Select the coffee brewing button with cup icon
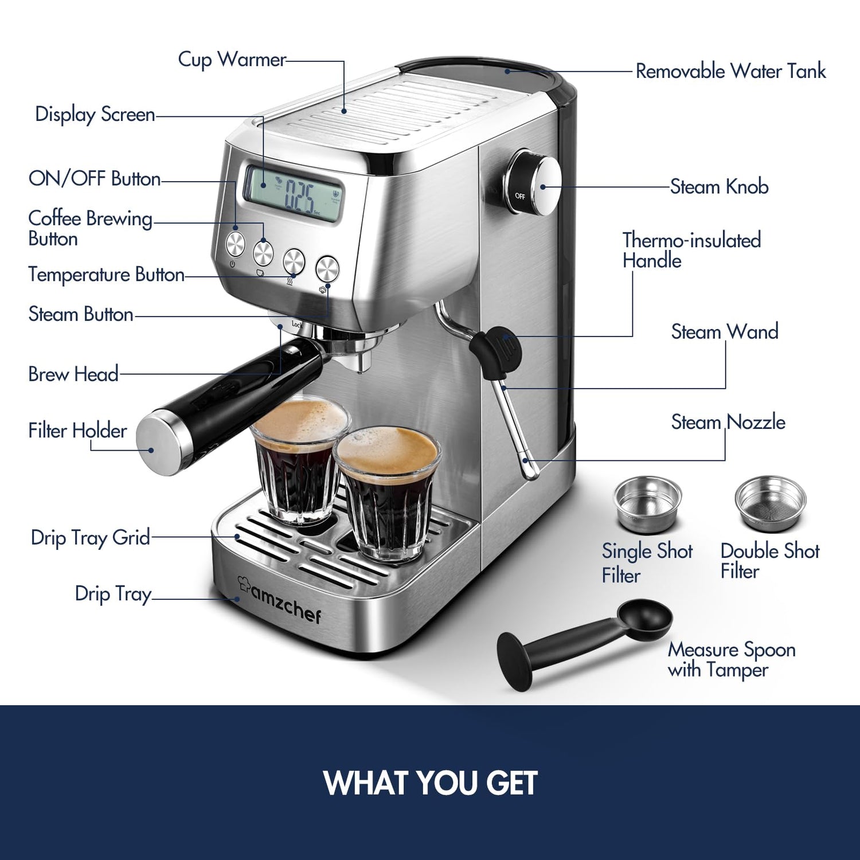click(x=263, y=251)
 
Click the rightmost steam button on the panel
click(x=327, y=268)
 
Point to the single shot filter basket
click(x=647, y=503)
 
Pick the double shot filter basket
click(x=770, y=503)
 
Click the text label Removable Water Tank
click(x=731, y=71)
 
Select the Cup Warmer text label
click(x=232, y=60)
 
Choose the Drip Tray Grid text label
click(x=90, y=538)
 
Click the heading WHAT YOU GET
click(x=430, y=783)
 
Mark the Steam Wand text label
click(x=725, y=331)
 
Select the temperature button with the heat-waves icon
click(x=294, y=261)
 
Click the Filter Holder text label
click(x=77, y=431)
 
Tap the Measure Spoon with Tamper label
click(x=732, y=659)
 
